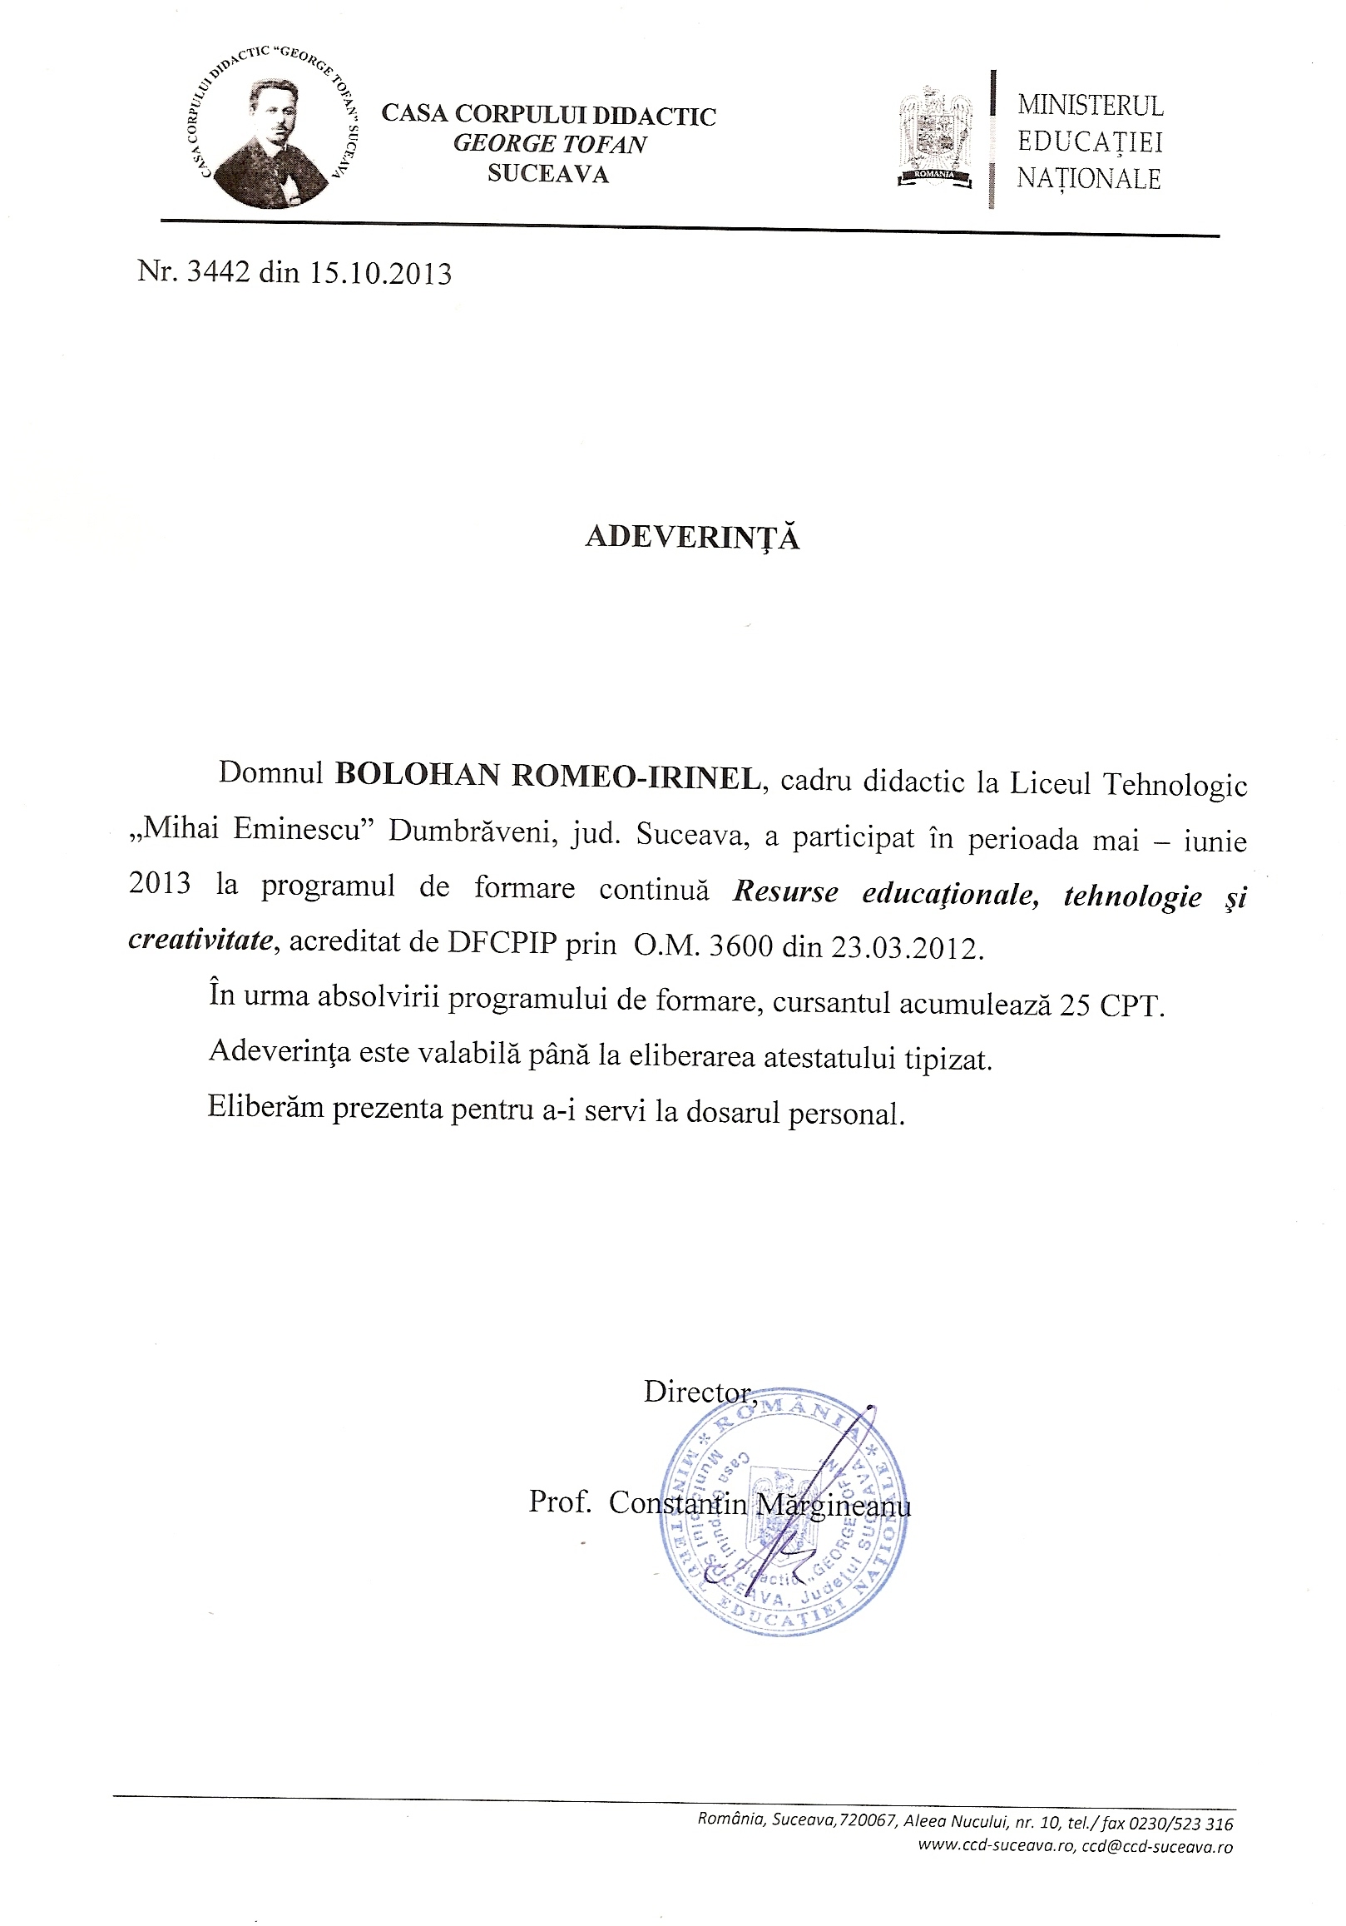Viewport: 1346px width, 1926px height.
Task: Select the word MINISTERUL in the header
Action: coord(1091,106)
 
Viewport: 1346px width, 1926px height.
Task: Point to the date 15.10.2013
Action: coord(381,274)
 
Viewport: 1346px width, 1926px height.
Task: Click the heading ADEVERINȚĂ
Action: coord(692,538)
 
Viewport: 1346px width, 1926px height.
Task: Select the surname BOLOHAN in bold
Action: coord(418,776)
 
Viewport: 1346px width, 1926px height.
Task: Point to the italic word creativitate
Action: coord(201,941)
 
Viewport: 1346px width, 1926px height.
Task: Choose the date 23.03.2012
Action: coord(904,947)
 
